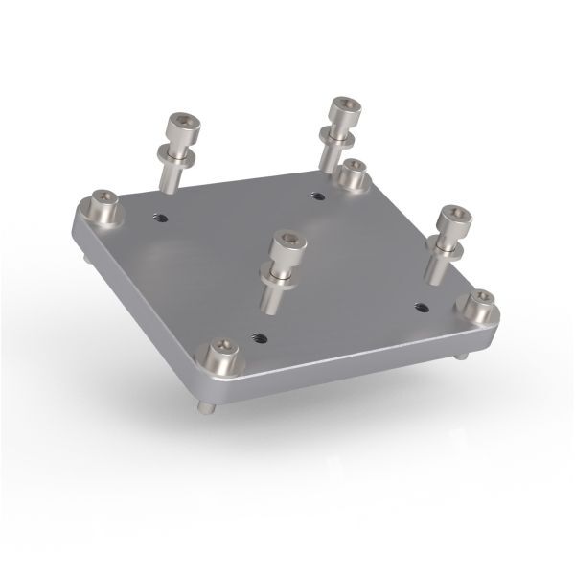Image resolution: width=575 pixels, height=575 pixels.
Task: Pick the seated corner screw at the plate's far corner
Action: coord(355,172)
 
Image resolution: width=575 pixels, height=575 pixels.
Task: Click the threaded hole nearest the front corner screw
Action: coord(256,336)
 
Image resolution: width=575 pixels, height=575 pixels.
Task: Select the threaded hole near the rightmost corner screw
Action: coord(422,307)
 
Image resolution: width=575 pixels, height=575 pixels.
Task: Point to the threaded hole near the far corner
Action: coord(318,195)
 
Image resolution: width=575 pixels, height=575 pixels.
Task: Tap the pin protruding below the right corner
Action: coord(463,356)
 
